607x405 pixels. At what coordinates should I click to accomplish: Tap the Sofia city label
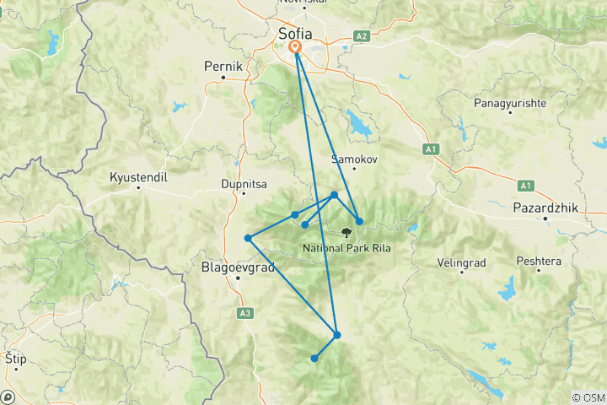point(296,33)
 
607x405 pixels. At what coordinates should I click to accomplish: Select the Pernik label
point(223,65)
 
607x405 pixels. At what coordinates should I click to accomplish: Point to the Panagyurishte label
point(503,103)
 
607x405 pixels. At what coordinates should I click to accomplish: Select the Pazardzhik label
point(545,207)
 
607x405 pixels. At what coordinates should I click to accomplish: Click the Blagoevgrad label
point(237,267)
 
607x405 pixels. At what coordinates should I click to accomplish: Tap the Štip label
point(14,359)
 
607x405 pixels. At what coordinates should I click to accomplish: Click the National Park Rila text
point(346,248)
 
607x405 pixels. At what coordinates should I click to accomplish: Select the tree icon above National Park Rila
point(346,231)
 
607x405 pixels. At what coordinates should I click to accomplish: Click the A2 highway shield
point(362,36)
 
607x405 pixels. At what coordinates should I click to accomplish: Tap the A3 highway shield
point(245,313)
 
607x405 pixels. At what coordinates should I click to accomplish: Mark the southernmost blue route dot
point(314,359)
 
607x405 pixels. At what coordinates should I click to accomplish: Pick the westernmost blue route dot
point(248,238)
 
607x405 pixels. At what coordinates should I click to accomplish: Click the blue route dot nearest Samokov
point(335,195)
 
